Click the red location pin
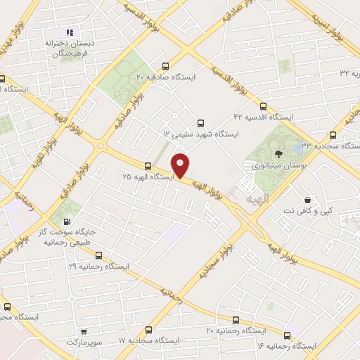(x=181, y=165)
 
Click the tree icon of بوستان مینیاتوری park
(x=280, y=153)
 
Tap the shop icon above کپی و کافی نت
(x=306, y=199)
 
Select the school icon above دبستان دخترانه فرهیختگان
(x=69, y=32)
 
